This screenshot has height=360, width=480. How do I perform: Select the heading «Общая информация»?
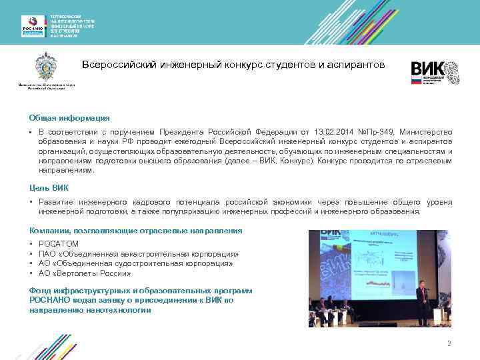pos(59,117)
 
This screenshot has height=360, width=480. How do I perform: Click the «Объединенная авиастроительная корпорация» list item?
pos(139,254)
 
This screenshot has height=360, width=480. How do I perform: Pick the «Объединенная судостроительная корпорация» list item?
pos(136,263)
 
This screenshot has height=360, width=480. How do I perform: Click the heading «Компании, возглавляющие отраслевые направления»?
pos(135,230)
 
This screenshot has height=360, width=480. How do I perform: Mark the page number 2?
pos(449,343)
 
